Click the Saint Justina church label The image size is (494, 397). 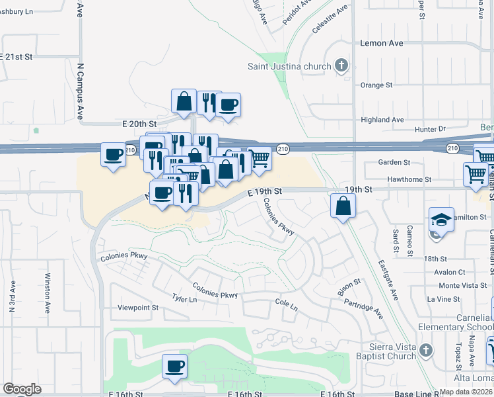coord(289,66)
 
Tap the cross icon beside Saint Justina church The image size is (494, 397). coord(341,66)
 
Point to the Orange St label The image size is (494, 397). coord(376,85)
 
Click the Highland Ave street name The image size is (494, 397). coord(382,120)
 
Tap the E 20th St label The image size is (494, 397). coord(139,124)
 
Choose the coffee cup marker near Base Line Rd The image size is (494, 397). coord(174,367)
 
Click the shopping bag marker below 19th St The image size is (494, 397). coord(343,206)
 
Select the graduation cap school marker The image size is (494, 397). coord(441,220)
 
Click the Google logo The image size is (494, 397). coord(22,389)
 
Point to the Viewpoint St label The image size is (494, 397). coord(138,308)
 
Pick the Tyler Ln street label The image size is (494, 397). coord(184,300)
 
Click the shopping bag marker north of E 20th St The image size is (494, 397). coord(184,102)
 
